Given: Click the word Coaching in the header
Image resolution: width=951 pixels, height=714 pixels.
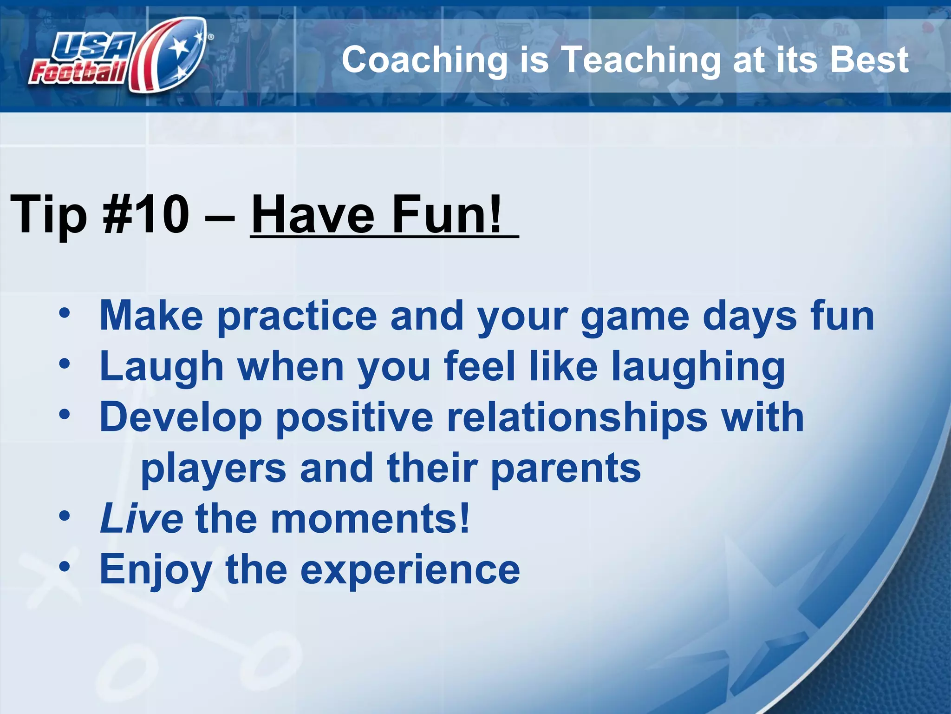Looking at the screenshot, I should [x=424, y=60].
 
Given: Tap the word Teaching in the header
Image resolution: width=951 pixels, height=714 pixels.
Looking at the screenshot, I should [x=641, y=60].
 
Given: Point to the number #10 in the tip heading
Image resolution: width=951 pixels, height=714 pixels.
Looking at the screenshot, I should [x=146, y=214].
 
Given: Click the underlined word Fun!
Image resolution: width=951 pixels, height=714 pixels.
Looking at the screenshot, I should [x=447, y=214].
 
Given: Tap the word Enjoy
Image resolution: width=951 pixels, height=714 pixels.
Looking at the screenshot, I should [x=156, y=570].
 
